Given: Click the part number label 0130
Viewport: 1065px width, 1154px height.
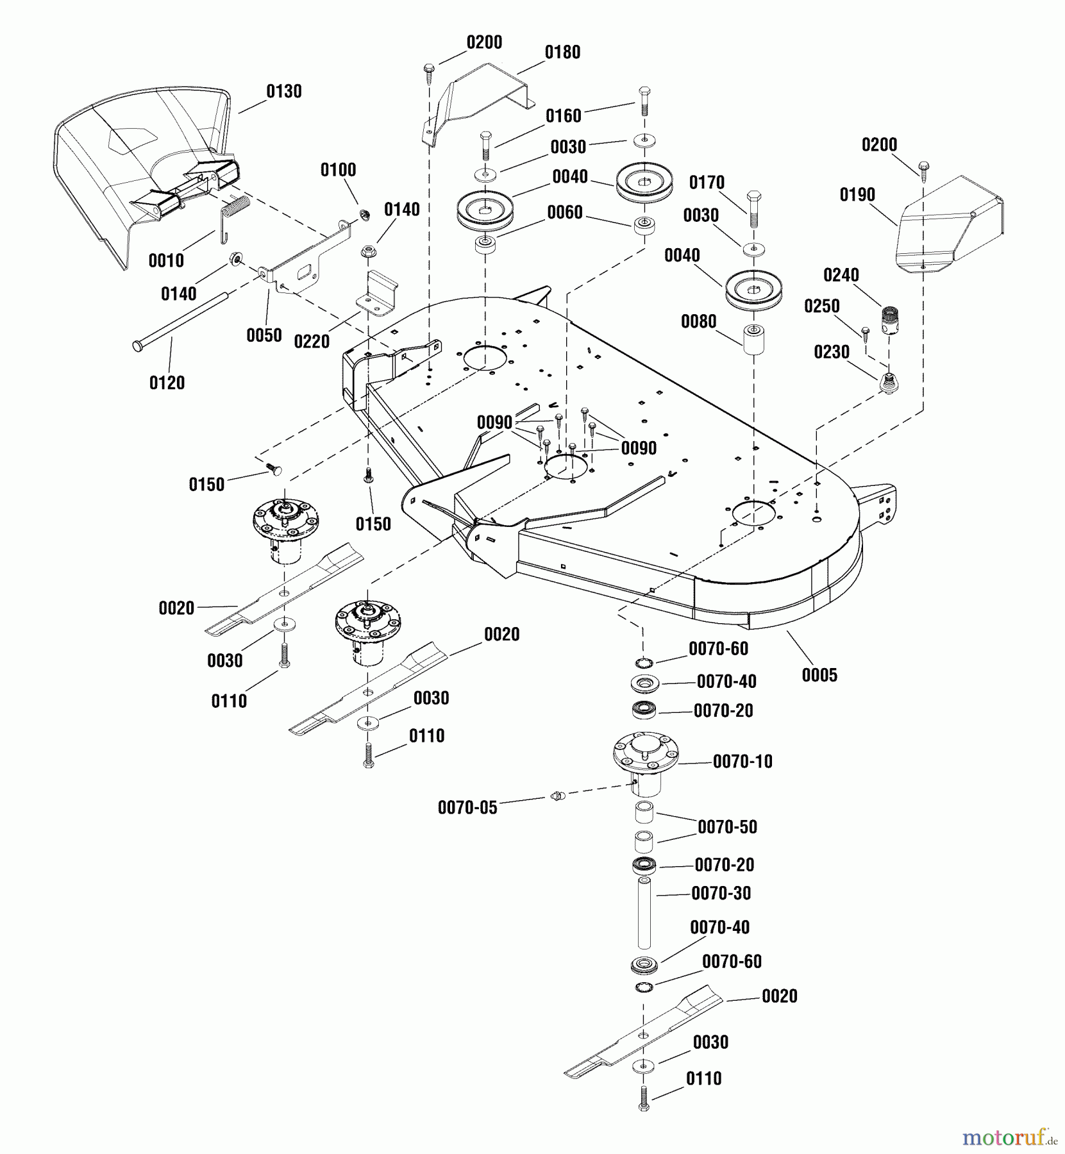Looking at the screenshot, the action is coord(283,91).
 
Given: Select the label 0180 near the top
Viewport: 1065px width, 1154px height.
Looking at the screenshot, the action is coord(562,52).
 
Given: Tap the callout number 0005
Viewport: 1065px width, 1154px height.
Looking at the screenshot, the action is coord(819,674).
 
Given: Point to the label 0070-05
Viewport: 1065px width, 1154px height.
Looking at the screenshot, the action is coord(467,807).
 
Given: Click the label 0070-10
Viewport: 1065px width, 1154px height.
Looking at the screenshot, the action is coord(742,762).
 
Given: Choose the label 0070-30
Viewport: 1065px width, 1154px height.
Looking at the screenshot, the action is coord(721,893).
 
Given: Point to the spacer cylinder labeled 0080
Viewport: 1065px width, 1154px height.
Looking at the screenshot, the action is coord(754,339).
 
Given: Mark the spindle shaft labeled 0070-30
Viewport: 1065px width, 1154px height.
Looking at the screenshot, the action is coord(644,913).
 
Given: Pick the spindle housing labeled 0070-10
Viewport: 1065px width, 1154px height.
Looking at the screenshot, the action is coord(644,765).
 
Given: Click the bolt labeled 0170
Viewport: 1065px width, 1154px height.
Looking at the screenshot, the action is coord(754,209).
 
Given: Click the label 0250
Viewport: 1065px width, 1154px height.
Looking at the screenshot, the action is coord(822,306).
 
